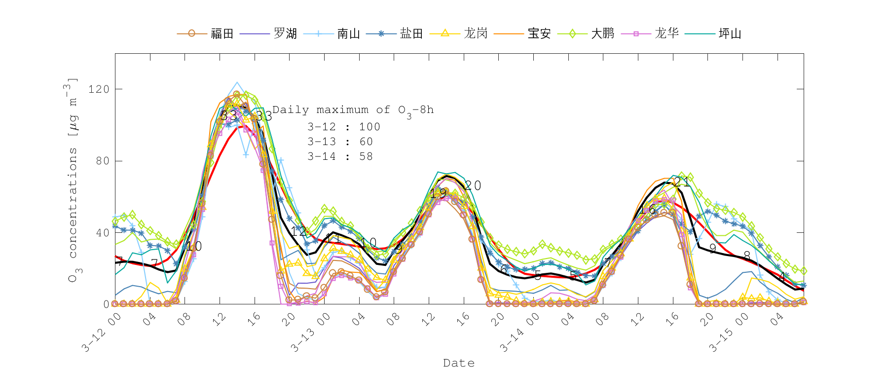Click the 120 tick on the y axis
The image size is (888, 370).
click(x=98, y=89)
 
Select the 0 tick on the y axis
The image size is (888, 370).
click(x=106, y=304)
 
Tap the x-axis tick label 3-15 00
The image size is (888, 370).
click(x=729, y=333)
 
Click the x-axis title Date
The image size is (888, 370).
click(x=459, y=363)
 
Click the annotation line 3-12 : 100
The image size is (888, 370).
click(x=344, y=127)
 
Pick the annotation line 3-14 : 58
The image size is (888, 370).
click(x=340, y=156)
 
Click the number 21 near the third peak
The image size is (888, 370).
click(x=682, y=182)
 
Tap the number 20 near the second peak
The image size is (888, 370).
click(x=473, y=185)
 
